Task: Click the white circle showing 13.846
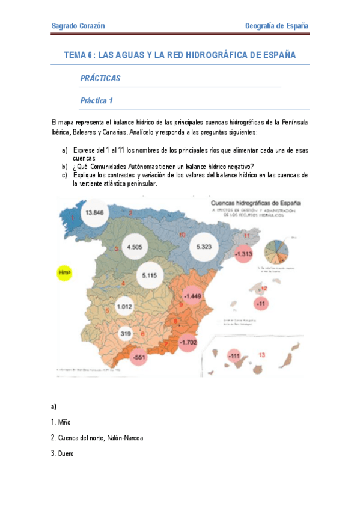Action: pos(96,213)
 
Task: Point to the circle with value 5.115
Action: pos(149,275)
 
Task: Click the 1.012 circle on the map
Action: pos(124,306)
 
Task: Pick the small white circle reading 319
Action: pos(126,333)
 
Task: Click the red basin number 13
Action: pos(261,355)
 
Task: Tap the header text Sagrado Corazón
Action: pos(79,26)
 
